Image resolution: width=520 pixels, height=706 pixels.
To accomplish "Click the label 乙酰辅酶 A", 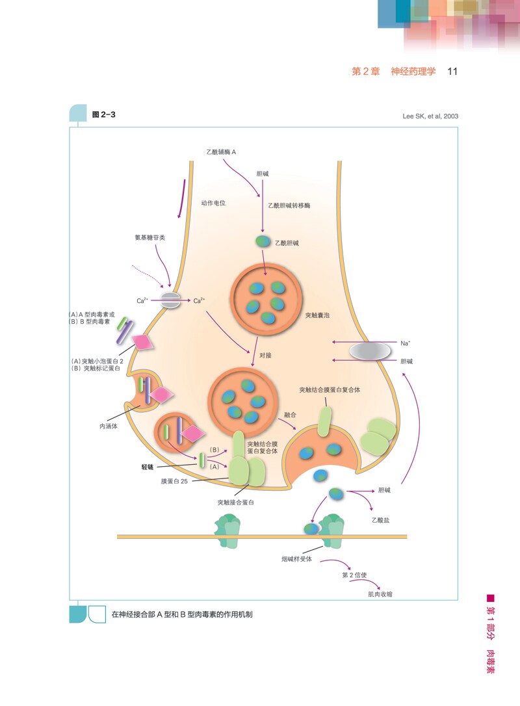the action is click(221, 152).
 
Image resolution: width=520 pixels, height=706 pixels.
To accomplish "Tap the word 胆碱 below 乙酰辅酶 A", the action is click(263, 174).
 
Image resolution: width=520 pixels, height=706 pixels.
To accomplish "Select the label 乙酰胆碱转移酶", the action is click(289, 205).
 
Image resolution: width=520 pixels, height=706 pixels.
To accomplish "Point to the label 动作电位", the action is click(213, 203).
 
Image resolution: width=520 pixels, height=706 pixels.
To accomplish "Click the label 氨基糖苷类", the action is click(150, 237).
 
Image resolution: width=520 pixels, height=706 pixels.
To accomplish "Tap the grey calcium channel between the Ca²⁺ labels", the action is click(170, 300).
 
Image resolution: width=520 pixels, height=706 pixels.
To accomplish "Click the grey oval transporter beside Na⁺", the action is click(370, 351).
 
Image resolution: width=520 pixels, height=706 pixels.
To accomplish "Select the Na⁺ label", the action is click(405, 343).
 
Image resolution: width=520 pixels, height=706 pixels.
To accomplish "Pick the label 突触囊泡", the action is click(317, 315).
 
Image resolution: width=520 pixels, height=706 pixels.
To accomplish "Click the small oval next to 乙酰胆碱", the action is click(263, 241).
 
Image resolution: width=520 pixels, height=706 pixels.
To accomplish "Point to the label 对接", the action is click(265, 355).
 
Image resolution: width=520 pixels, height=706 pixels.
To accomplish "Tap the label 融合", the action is click(290, 415).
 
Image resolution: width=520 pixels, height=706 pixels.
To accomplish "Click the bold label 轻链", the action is click(147, 467).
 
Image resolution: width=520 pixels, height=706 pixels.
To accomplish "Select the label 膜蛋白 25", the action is click(174, 481).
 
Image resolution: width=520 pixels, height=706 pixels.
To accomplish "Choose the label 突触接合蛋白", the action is click(235, 503).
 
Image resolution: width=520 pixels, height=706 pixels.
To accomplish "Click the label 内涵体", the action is click(109, 426).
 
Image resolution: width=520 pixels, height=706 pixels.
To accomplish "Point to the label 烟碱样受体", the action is click(296, 559).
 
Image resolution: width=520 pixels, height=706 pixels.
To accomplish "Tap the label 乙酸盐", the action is click(380, 520).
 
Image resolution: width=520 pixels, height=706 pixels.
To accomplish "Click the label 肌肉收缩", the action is click(380, 594).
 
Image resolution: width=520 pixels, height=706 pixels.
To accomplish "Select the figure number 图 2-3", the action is click(103, 114).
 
